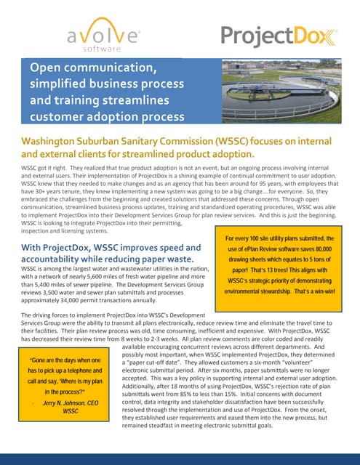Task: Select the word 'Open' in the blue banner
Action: (x=44, y=68)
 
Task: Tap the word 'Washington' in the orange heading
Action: (x=50, y=140)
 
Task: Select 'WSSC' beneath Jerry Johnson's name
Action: (x=71, y=411)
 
